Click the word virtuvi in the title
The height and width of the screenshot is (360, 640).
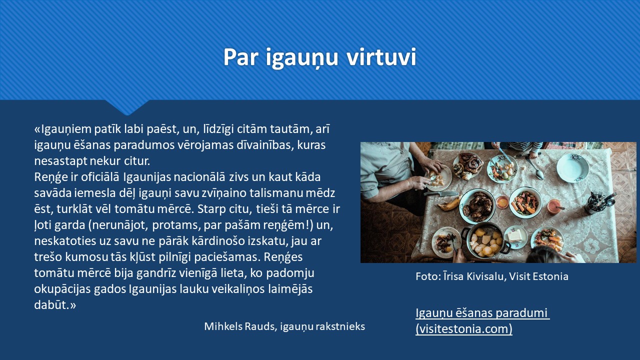click(x=381, y=57)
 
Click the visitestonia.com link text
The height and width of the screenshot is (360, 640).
click(x=464, y=329)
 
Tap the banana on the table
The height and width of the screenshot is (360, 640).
click(x=448, y=203)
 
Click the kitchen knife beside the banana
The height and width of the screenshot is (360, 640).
click(x=441, y=194)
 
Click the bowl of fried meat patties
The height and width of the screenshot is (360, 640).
click(x=477, y=205)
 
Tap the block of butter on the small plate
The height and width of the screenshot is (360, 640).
click(x=515, y=236)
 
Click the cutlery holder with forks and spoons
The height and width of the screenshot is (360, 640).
click(x=597, y=203)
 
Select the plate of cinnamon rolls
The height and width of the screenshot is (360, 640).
click(x=467, y=166)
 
